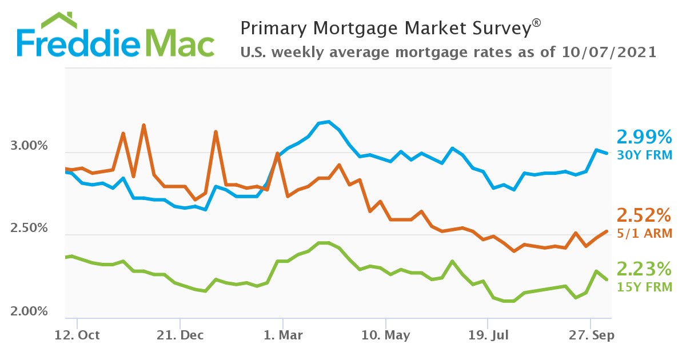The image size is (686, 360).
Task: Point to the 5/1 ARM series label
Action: click(644, 233)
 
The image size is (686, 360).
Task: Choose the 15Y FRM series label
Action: click(644, 286)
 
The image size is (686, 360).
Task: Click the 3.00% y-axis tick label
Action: click(29, 146)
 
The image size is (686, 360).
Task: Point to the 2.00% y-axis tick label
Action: click(29, 311)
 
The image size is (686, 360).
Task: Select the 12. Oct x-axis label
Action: click(77, 335)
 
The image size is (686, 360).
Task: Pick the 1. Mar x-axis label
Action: click(282, 335)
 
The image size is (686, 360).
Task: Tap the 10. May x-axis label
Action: click(386, 335)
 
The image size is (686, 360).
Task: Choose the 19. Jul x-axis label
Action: click(488, 335)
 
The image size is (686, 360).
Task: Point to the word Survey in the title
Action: click(501, 28)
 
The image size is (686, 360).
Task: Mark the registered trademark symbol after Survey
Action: click(536, 22)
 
